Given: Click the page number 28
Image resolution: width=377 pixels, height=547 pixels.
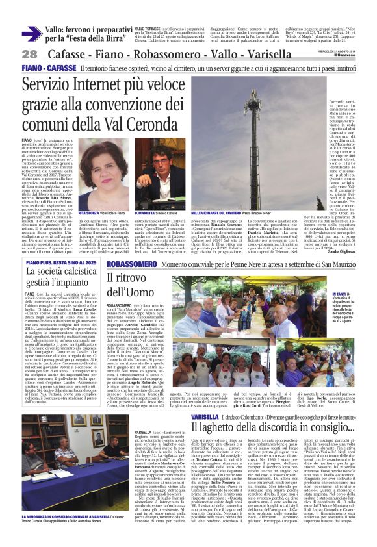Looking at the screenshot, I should pos(29,55).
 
